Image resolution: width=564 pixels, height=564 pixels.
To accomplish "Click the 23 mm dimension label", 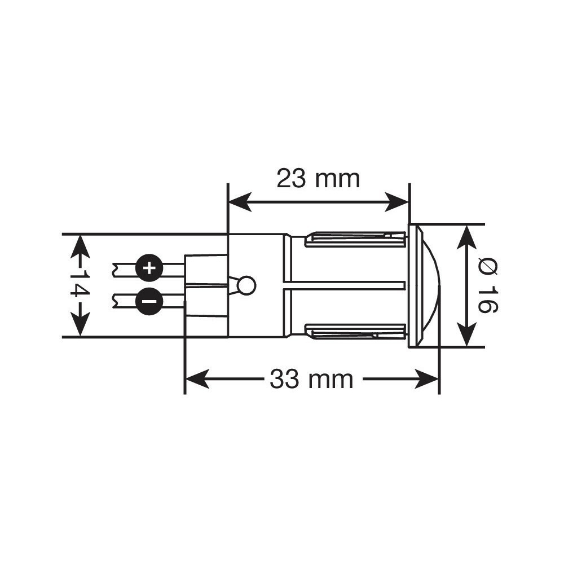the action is (318, 179).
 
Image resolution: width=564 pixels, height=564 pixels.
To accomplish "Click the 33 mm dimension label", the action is (311, 379).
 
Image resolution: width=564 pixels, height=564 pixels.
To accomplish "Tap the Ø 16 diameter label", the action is (488, 285).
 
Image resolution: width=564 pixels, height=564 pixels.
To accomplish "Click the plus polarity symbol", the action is (149, 268).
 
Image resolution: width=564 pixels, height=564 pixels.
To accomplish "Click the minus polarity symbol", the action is (149, 301).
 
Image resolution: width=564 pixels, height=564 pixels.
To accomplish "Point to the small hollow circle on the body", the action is (247, 285).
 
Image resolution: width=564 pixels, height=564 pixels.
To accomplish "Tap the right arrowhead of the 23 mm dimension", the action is (398, 202).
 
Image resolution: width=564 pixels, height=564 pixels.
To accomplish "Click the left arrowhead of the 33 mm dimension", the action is (197, 379).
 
